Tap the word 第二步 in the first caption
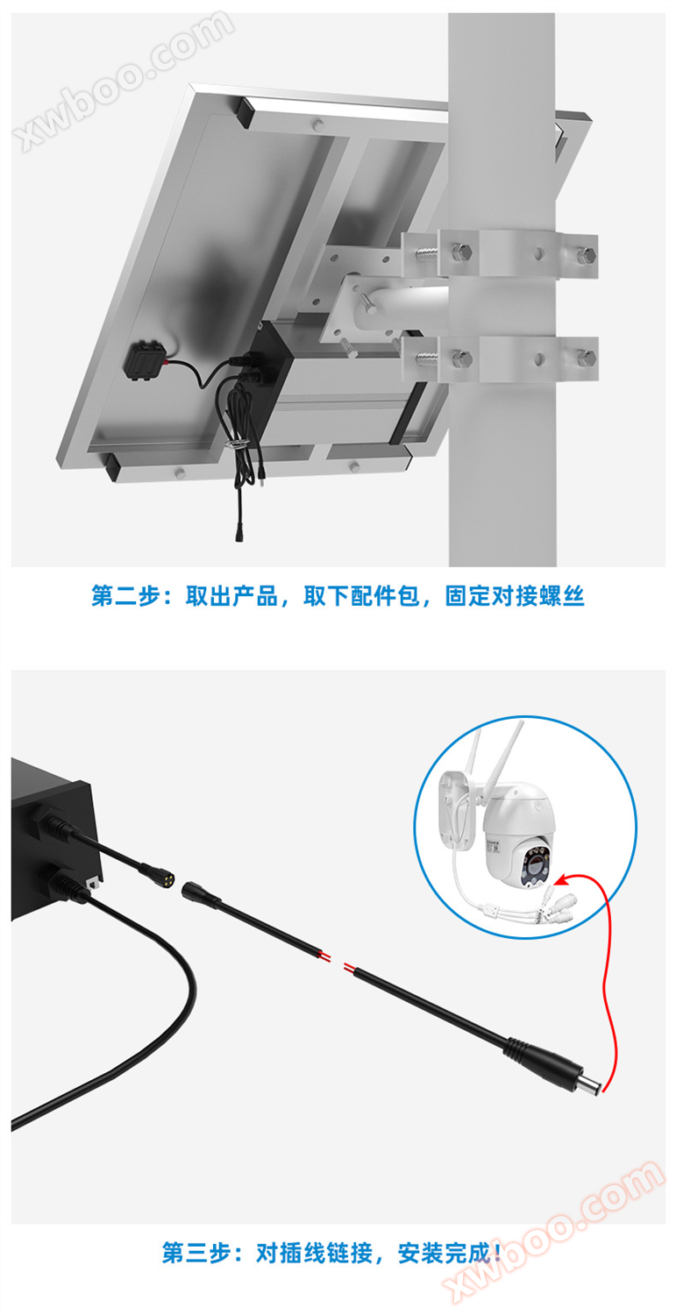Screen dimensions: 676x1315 click(x=125, y=596)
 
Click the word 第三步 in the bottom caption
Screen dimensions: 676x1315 click(x=196, y=1253)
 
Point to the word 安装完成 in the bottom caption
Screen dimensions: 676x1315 click(x=444, y=1253)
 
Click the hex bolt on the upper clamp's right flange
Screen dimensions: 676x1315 click(x=586, y=255)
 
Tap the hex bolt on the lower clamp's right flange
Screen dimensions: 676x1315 click(x=586, y=357)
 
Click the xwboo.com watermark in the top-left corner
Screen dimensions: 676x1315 click(x=125, y=79)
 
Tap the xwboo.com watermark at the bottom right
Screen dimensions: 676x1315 click(x=554, y=1236)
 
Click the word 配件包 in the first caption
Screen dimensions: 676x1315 click(x=385, y=596)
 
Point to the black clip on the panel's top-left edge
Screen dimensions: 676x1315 click(x=245, y=111)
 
